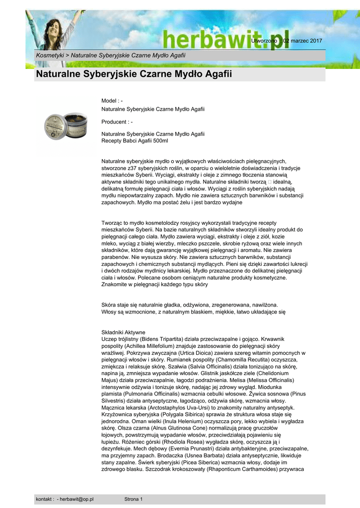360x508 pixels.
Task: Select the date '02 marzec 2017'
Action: pyautogui.click(x=303, y=40)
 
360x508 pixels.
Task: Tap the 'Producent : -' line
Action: pyautogui.click(x=117, y=122)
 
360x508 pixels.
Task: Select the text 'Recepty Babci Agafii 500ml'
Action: pyautogui.click(x=135, y=141)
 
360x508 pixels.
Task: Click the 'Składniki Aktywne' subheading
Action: pyautogui.click(x=123, y=332)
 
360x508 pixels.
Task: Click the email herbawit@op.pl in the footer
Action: pyautogui.click(x=77, y=499)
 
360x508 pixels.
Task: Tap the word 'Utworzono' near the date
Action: pyautogui.click(x=264, y=40)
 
